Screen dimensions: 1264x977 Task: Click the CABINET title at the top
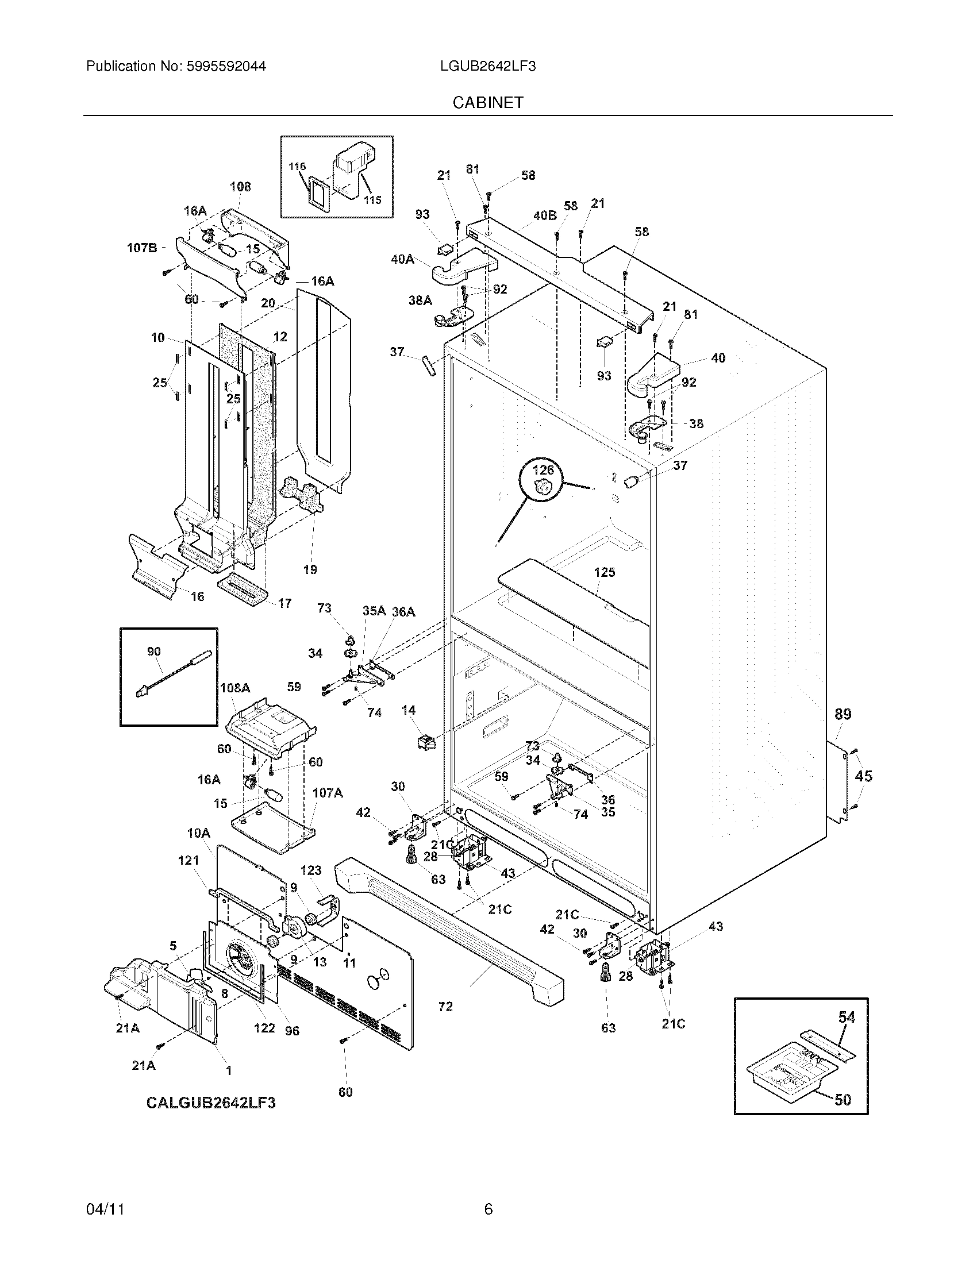488,102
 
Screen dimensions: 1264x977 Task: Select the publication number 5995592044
226,67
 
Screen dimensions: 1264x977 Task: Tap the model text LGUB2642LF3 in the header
487,67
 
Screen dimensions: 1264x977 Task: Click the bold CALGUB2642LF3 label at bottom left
211,1103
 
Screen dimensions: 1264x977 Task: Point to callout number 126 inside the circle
543,470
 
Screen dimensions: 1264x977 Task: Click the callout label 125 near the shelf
604,572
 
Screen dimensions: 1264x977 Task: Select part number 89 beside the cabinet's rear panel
843,714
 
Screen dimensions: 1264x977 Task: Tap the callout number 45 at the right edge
863,776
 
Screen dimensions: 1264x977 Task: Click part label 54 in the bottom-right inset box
846,1017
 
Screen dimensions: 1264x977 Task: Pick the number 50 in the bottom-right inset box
843,1099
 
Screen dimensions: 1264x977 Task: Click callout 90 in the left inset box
153,652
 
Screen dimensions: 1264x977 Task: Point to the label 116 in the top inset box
297,167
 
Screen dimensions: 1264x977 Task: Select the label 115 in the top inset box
372,200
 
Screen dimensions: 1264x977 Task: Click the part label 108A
235,688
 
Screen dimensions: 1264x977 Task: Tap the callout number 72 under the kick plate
445,1007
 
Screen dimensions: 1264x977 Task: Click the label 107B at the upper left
142,248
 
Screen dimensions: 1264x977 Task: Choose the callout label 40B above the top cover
545,215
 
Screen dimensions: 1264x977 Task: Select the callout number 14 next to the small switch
409,710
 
